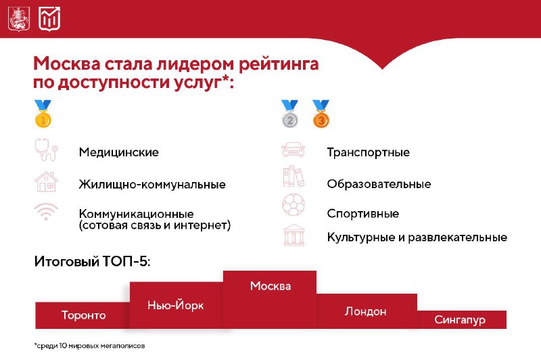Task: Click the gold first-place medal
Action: (x=43, y=114)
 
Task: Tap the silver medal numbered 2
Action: (x=289, y=114)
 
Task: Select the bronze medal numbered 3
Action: (x=321, y=114)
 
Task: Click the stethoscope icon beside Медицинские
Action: (x=46, y=150)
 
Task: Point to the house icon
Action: (x=46, y=181)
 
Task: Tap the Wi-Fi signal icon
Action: (x=46, y=212)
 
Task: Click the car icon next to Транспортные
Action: (x=293, y=150)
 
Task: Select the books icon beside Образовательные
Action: (x=293, y=176)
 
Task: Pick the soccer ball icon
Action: (x=293, y=205)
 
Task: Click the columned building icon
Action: (x=293, y=235)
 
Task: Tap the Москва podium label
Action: (x=270, y=286)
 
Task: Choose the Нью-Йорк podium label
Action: (x=176, y=305)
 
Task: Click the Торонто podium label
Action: (x=83, y=315)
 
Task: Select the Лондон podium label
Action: (x=365, y=311)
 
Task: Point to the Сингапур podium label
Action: (x=460, y=319)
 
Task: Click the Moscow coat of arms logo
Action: (x=19, y=19)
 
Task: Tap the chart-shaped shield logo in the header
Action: (x=49, y=19)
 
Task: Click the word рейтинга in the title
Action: (x=279, y=64)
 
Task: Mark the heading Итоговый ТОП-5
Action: (x=92, y=261)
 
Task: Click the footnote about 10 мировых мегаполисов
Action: (x=89, y=346)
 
